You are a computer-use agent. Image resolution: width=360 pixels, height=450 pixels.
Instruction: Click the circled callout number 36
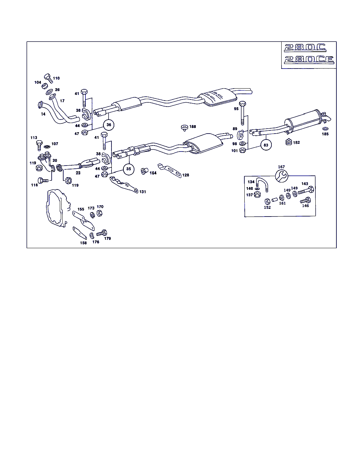coord(109,124)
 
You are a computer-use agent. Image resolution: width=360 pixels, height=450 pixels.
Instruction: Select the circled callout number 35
coord(129,169)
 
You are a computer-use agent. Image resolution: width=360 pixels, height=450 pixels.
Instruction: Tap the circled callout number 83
coord(266,145)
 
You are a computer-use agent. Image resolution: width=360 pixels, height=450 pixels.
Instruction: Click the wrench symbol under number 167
coord(281,175)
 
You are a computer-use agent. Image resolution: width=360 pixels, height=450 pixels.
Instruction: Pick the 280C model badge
coord(305,48)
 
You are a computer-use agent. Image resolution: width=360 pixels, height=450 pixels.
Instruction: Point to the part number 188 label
coord(193,127)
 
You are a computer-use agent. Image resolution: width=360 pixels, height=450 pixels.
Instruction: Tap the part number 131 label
coord(142,192)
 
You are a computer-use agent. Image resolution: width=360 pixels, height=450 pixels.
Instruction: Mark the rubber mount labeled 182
coord(288,143)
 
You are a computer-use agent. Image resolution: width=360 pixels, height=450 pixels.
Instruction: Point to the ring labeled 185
coord(325,129)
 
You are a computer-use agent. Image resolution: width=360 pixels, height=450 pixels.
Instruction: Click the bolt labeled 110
coord(48,78)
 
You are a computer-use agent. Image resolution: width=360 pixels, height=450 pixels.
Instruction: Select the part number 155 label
coord(81,209)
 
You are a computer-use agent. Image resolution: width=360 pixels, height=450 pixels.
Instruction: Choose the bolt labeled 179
coord(102,233)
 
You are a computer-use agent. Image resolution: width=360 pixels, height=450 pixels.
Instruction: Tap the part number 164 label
coord(153,173)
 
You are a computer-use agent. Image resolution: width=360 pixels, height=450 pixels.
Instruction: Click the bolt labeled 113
coord(39,145)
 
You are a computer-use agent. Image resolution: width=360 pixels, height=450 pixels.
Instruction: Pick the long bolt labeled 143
coord(306,191)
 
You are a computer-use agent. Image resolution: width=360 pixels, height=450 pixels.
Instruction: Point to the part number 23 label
coord(78,173)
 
